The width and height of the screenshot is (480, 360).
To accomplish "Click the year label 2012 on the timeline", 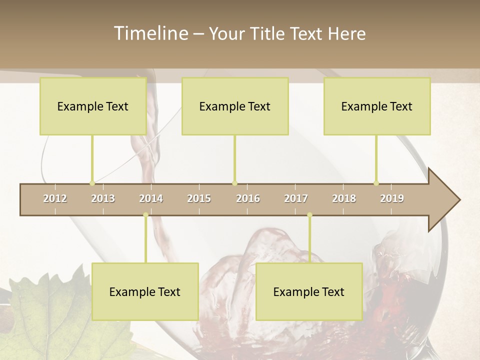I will click(55, 198).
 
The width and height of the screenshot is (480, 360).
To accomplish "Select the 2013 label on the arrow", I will click(103, 198).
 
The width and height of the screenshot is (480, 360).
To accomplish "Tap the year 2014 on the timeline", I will click(151, 198).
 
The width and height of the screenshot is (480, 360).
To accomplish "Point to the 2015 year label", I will click(199, 198).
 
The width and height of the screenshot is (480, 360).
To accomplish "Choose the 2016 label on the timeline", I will click(248, 198).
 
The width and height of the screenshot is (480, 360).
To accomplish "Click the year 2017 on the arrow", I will click(296, 198).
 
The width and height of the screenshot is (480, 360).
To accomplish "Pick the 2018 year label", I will click(344, 198).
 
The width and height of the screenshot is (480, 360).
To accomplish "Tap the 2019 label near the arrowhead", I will click(392, 198).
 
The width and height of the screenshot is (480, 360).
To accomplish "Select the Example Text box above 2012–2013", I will click(93, 106).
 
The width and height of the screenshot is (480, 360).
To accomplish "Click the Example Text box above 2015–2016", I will click(235, 106).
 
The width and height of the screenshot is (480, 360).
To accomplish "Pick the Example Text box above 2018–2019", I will click(377, 106).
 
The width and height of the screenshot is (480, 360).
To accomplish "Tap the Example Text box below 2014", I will click(145, 292).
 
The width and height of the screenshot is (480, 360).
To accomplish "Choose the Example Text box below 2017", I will click(309, 292).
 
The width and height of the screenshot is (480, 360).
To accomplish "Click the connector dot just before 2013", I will click(92, 183).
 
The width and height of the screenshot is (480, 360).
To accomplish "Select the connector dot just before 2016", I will click(234, 183).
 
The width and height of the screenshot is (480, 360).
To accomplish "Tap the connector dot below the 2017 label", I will click(309, 215).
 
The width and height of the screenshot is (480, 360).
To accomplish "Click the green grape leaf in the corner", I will click(45, 315).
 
